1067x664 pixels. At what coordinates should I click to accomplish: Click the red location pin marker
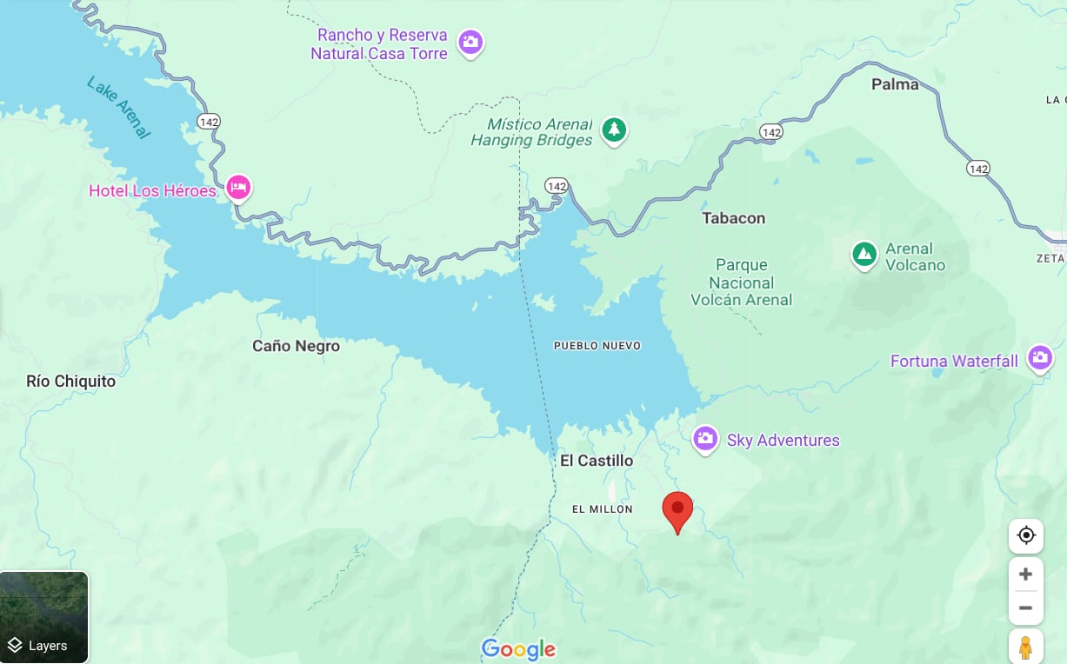coord(677,510)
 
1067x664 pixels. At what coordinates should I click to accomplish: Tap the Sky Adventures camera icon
coord(705,438)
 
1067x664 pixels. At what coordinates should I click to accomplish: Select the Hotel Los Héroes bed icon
coord(238,187)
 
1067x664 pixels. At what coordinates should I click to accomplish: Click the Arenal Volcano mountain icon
coord(864,255)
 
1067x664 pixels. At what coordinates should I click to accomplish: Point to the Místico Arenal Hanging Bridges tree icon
coord(614,130)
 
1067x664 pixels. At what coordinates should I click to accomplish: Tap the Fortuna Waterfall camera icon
coord(1039,357)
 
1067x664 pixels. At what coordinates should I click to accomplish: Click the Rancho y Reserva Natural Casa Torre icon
coord(470,42)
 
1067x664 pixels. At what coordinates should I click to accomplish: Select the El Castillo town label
coord(597,461)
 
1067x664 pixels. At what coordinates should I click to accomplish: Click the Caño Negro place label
coord(296,346)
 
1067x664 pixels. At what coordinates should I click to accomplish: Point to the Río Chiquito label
coord(70,381)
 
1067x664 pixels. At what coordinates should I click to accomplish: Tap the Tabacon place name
coord(733,218)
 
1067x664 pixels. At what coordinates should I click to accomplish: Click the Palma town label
coord(895,84)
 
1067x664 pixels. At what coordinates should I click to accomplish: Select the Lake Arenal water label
coord(118,107)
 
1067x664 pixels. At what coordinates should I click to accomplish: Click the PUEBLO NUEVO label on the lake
coord(597,346)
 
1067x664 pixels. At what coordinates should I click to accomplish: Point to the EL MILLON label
coord(602,508)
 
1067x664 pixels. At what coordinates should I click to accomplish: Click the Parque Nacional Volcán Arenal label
coord(741,282)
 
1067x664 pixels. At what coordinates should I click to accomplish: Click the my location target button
coord(1025,535)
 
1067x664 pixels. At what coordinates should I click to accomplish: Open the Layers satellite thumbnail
coord(44,616)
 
